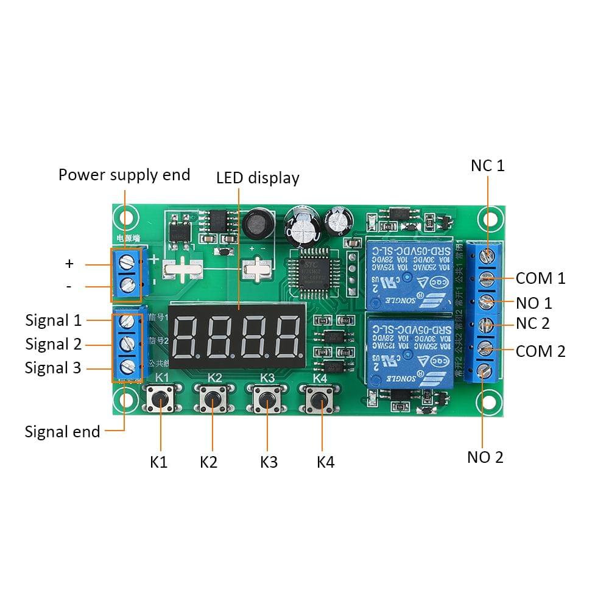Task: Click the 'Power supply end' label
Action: (124, 175)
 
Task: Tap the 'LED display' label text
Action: (258, 178)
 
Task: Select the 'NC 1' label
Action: (487, 166)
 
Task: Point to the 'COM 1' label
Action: (540, 278)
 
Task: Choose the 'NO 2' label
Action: (485, 457)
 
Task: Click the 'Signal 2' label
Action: (53, 344)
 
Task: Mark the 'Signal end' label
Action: (62, 432)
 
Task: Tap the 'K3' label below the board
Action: (269, 462)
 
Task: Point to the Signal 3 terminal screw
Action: (127, 367)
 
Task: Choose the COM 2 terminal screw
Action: (486, 348)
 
